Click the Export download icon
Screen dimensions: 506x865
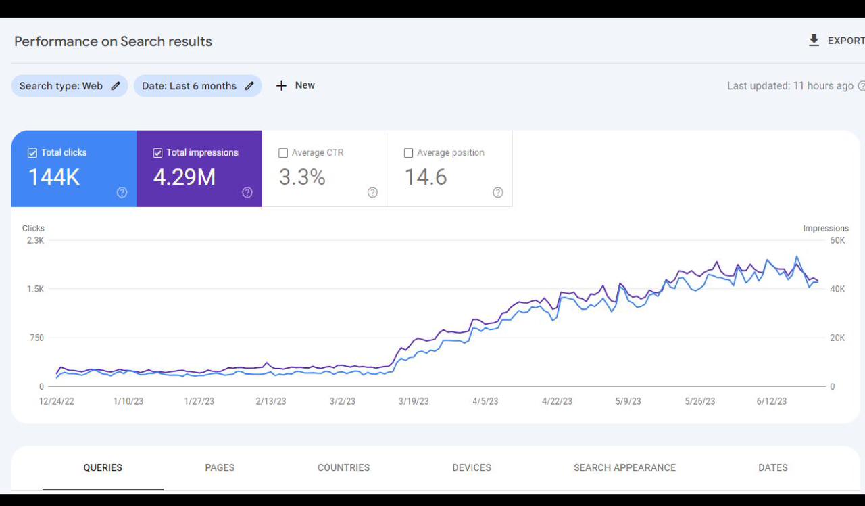point(814,41)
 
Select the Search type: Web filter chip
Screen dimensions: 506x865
point(69,86)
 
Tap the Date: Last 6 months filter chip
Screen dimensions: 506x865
point(197,86)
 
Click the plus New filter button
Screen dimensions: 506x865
point(295,85)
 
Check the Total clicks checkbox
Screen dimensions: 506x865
point(32,153)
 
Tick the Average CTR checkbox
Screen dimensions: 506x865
point(283,153)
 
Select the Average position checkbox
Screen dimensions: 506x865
point(408,153)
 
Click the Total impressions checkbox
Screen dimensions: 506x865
point(158,153)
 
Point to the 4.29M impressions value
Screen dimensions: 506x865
point(184,177)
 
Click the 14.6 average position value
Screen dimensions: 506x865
point(426,177)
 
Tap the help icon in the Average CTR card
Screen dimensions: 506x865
point(372,192)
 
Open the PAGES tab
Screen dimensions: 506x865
point(220,467)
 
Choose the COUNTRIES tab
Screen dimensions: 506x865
point(343,467)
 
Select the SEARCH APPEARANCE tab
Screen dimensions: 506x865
point(624,467)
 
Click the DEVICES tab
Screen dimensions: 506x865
point(472,467)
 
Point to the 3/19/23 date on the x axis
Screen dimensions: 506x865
point(414,401)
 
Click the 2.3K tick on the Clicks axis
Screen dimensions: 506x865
point(35,240)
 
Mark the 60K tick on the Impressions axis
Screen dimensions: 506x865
point(837,240)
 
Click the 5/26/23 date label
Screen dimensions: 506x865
point(699,401)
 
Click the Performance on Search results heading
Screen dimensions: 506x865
point(113,41)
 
